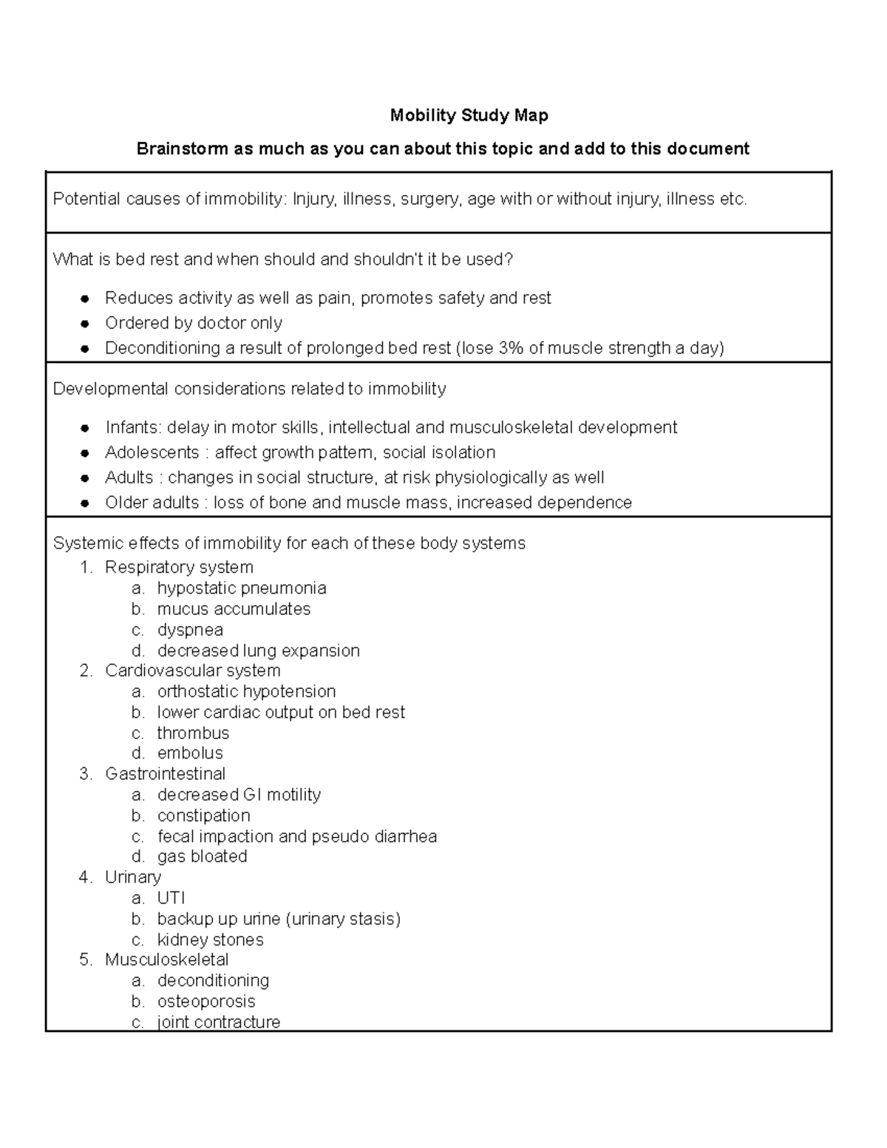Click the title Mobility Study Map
(469, 115)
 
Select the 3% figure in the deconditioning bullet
(511, 348)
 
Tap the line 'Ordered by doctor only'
(194, 323)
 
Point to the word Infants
(132, 428)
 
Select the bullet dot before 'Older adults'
(86, 503)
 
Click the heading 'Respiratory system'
(179, 567)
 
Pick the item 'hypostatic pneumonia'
(242, 588)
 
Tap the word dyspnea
(190, 630)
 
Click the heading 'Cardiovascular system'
(192, 670)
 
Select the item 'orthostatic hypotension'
(246, 691)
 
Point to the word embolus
(190, 753)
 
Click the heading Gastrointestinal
(166, 774)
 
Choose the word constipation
(203, 815)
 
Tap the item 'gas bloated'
(202, 857)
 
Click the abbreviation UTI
(171, 898)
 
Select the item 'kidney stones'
(210, 940)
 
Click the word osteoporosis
(206, 1002)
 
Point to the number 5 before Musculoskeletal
(85, 960)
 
